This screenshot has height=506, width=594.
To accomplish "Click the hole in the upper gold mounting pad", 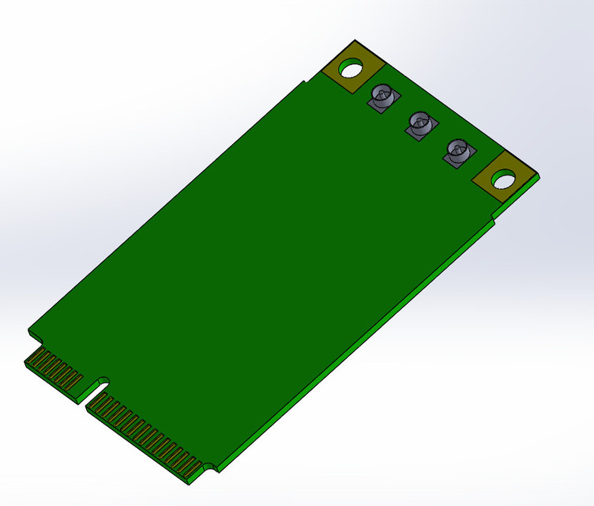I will [352, 66].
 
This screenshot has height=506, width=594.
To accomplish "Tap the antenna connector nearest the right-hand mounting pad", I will [457, 152].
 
